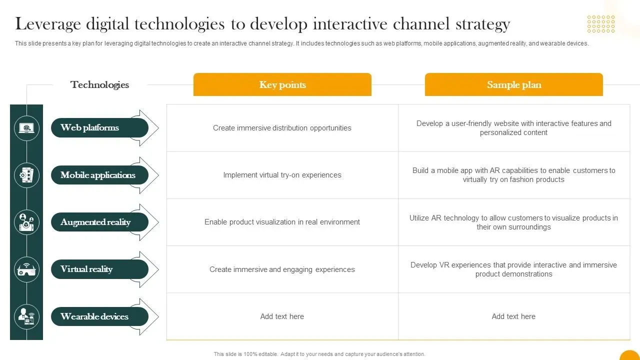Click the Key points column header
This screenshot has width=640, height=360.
pos(282,84)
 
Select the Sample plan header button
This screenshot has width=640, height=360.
pos(513,84)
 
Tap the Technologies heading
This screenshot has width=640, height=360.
pos(99,85)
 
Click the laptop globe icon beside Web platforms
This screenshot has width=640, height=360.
pos(26,128)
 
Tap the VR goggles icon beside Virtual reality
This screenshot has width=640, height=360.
pos(26,269)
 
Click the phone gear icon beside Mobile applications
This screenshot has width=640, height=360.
pos(26,175)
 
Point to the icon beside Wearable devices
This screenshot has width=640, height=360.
pos(26,316)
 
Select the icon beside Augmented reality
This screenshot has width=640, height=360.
pos(26,222)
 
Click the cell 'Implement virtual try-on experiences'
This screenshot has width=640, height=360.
pos(282,175)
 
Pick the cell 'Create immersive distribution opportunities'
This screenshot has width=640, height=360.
pos(282,128)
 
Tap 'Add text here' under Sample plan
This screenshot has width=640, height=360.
pos(513,316)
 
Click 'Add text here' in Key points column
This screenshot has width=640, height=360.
pos(282,316)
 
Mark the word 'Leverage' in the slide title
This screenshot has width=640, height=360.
pos(48,24)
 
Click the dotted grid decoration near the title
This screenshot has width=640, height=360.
pos(601,24)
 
